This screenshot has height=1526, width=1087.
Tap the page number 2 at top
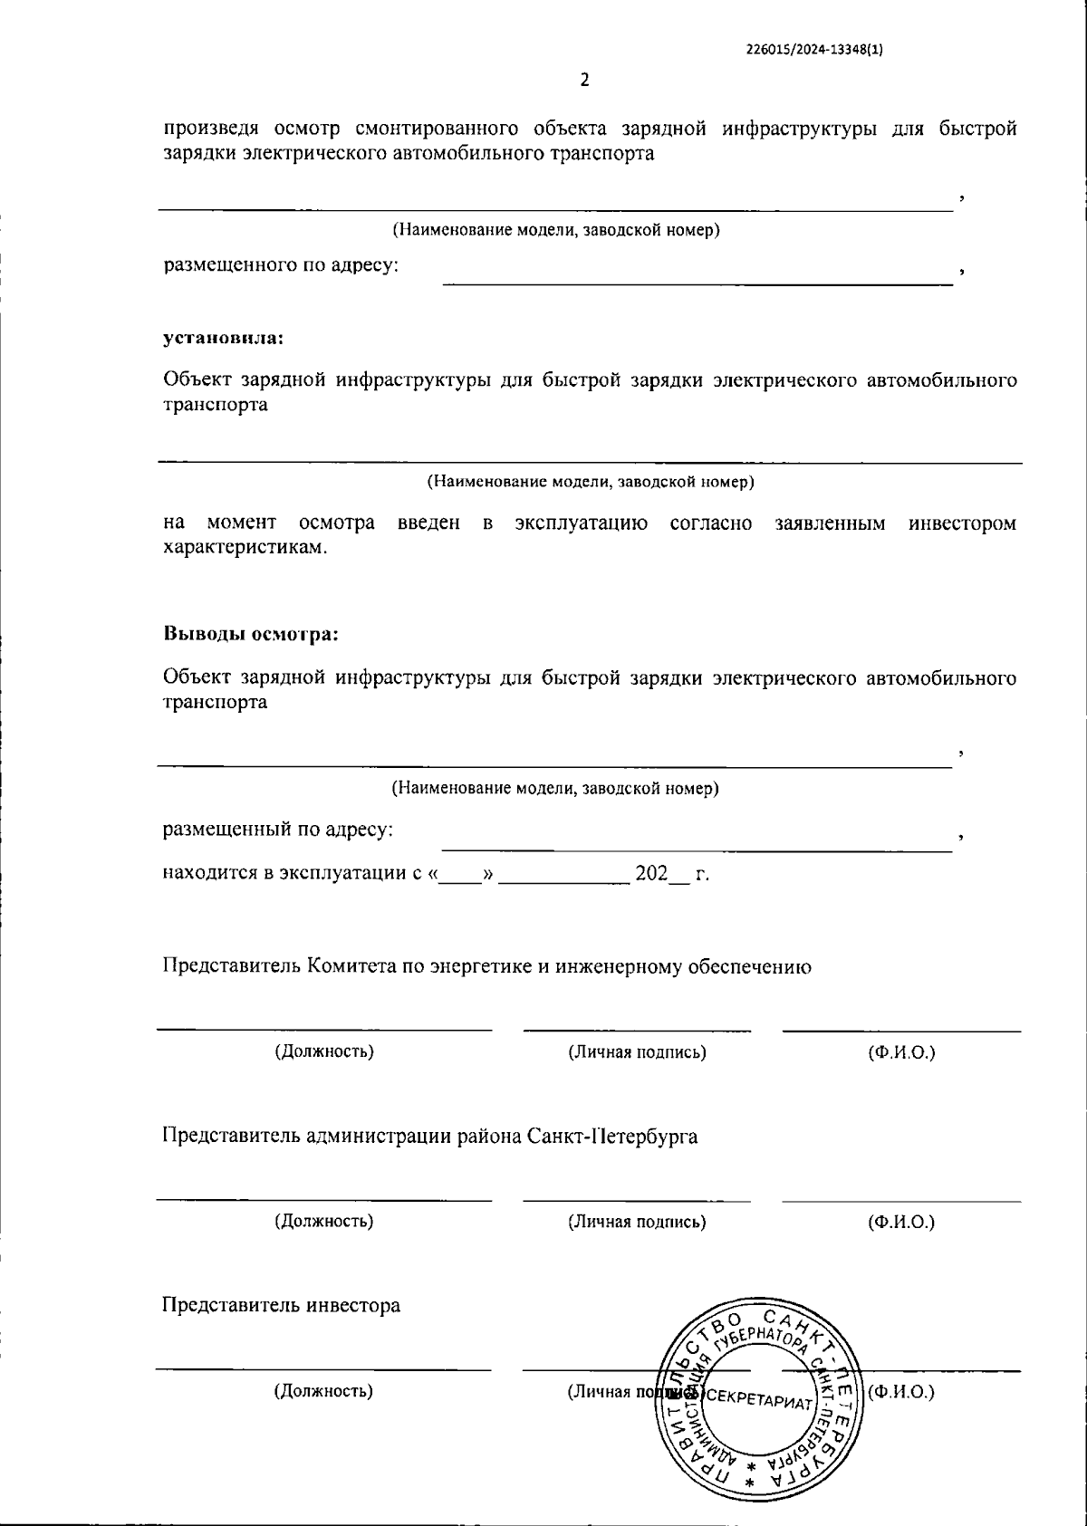click(x=584, y=80)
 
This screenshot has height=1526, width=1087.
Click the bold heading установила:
click(x=223, y=338)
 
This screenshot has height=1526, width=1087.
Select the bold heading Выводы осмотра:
click(x=250, y=634)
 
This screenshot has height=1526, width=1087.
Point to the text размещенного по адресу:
click(x=281, y=265)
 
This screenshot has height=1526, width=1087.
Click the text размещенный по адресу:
click(x=278, y=829)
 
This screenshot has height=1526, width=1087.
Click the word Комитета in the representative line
click(x=349, y=966)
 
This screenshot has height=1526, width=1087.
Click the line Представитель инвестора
click(x=281, y=1305)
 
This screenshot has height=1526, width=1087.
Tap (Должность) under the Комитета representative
click(x=324, y=1051)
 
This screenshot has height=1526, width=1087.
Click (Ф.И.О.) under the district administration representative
click(x=900, y=1222)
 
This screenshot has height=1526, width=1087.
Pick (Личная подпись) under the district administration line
click(x=637, y=1222)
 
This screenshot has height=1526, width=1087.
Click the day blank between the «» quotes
click(x=461, y=875)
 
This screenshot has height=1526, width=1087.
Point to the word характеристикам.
click(x=245, y=549)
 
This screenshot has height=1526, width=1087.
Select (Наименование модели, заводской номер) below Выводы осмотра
click(x=554, y=788)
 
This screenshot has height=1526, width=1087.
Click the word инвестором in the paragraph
click(x=962, y=523)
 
